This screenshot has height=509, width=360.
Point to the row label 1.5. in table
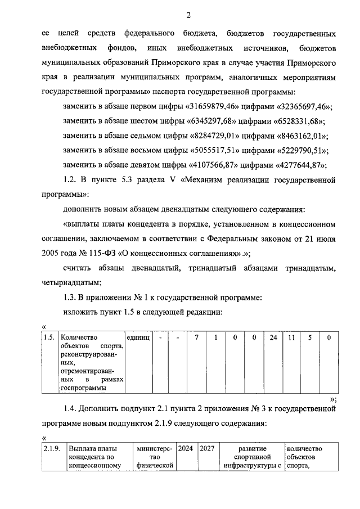tap(49, 337)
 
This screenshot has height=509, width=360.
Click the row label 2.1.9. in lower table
tap(53, 449)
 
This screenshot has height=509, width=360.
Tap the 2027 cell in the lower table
tap(208, 449)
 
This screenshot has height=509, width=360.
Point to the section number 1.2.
tap(69, 180)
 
